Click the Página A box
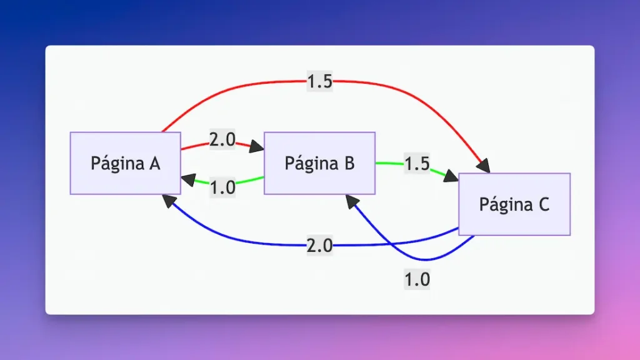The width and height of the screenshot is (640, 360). click(x=125, y=163)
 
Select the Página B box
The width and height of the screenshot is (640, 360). click(x=319, y=163)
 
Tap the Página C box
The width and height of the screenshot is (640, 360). click(x=514, y=204)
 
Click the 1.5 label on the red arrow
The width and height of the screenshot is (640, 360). click(x=319, y=82)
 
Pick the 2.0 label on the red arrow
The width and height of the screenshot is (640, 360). click(x=222, y=140)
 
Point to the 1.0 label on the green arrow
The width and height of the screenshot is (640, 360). click(x=222, y=187)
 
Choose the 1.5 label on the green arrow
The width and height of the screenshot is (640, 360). click(x=417, y=164)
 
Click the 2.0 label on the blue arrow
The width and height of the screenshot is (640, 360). click(x=319, y=246)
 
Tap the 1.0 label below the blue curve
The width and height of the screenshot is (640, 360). click(x=417, y=279)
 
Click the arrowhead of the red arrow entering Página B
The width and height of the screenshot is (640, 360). click(x=256, y=148)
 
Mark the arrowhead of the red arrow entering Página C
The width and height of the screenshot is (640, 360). click(x=482, y=166)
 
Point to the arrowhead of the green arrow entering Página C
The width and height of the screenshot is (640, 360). click(x=451, y=177)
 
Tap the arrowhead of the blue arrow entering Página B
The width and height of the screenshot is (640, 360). click(x=351, y=201)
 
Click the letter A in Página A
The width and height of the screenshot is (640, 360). click(x=155, y=163)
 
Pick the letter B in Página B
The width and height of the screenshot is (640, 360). click(x=349, y=163)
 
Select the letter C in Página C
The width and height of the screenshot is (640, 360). click(x=544, y=204)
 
